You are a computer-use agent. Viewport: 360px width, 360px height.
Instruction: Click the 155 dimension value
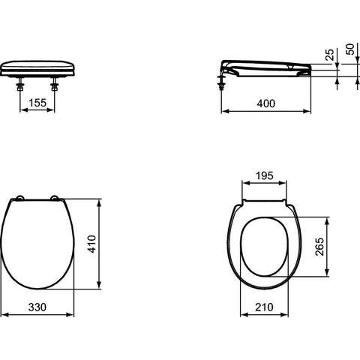point(37,103)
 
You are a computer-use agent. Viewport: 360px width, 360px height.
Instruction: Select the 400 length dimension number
point(266,103)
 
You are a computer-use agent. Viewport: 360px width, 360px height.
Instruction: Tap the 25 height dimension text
point(330,55)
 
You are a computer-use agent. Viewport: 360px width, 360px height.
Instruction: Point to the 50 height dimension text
point(350,49)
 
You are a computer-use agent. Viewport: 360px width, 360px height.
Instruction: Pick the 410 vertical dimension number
point(92,244)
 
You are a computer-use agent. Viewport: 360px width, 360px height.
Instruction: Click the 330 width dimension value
point(37,307)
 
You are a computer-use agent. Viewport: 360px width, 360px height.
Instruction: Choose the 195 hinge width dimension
point(265,176)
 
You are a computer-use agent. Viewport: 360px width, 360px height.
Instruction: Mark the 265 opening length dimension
point(319,247)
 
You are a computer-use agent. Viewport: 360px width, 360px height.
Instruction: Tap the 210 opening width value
point(264,307)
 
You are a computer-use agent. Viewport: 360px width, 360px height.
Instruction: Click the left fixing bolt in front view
point(20,84)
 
